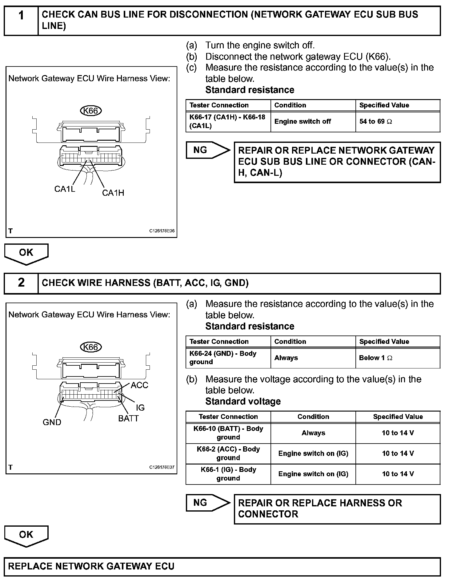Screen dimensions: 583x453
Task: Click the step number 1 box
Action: coord(21,20)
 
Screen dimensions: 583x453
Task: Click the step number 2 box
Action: coord(21,283)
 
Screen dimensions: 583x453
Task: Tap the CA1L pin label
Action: coord(65,189)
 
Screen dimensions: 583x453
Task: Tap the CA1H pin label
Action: coord(113,193)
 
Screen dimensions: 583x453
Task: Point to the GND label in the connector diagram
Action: coord(52,422)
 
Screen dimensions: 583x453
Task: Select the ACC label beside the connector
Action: coord(139,385)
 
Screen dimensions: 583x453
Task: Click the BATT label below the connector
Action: coord(128,418)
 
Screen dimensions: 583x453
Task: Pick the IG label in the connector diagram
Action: coord(140,408)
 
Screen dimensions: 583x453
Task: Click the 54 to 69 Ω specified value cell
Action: coord(398,122)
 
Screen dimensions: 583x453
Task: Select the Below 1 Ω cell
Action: coord(398,358)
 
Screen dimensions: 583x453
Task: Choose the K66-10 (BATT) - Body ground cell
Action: coord(228,433)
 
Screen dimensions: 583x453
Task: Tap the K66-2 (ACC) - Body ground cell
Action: coord(228,453)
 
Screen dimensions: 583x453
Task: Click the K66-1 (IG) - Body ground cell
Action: coord(228,474)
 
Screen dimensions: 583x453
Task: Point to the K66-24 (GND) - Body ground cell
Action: coord(228,358)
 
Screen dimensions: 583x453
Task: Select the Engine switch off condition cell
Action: coord(313,122)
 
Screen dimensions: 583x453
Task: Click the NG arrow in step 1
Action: coord(208,150)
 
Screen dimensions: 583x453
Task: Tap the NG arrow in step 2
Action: coord(208,503)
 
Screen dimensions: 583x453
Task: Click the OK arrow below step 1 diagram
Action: coord(26,253)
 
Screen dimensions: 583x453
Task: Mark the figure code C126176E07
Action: coord(162,467)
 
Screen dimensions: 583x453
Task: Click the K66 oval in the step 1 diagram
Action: coord(91,111)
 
